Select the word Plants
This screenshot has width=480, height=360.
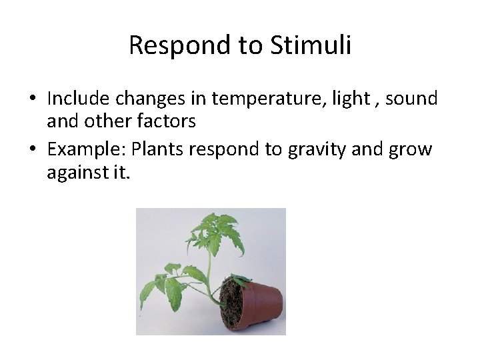(158, 149)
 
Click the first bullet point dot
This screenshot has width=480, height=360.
(32, 99)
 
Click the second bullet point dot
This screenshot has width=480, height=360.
(32, 149)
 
